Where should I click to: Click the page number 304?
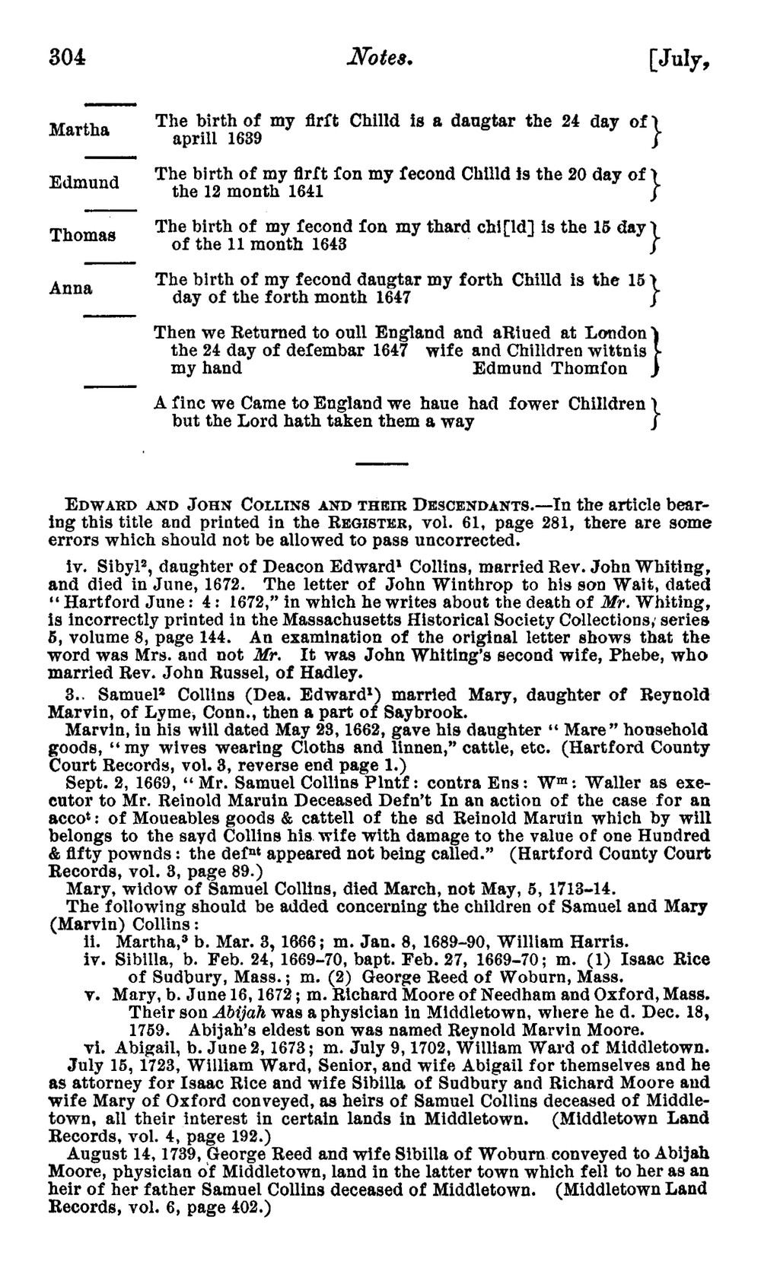point(68,56)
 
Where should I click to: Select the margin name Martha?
point(79,129)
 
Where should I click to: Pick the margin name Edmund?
point(84,183)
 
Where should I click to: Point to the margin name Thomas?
point(83,235)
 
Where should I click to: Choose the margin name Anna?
point(72,288)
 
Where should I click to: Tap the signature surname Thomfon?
point(590,369)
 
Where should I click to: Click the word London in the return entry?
point(616,333)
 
